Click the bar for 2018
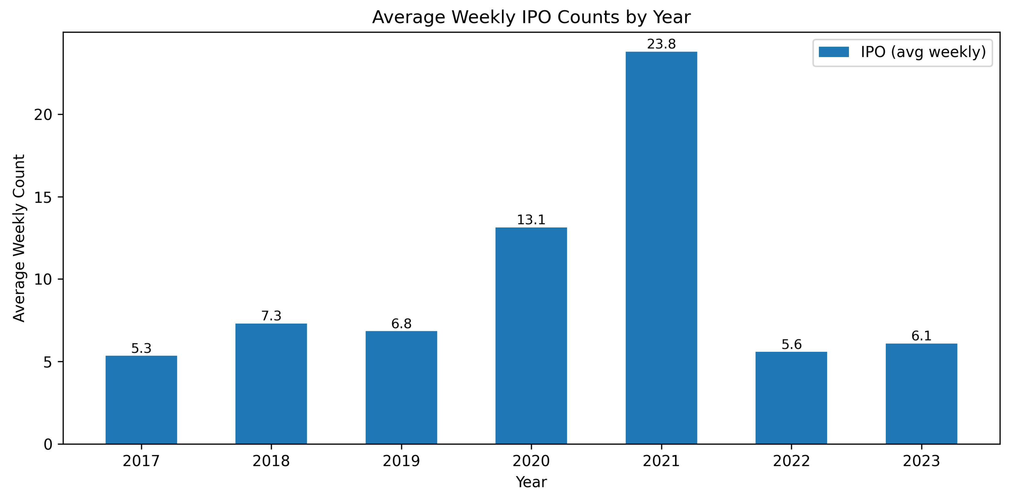click(x=271, y=383)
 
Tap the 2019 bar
click(x=401, y=387)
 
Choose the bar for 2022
click(x=791, y=398)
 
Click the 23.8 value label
click(x=661, y=44)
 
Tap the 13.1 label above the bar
click(x=531, y=220)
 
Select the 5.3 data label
click(x=141, y=348)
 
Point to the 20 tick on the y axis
click(x=43, y=115)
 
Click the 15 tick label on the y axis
click(x=43, y=197)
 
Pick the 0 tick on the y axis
click(x=48, y=445)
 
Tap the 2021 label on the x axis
click(x=661, y=461)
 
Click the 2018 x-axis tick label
click(x=271, y=461)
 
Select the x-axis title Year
click(x=531, y=482)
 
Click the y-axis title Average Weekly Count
click(x=19, y=238)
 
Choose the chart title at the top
click(x=531, y=17)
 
